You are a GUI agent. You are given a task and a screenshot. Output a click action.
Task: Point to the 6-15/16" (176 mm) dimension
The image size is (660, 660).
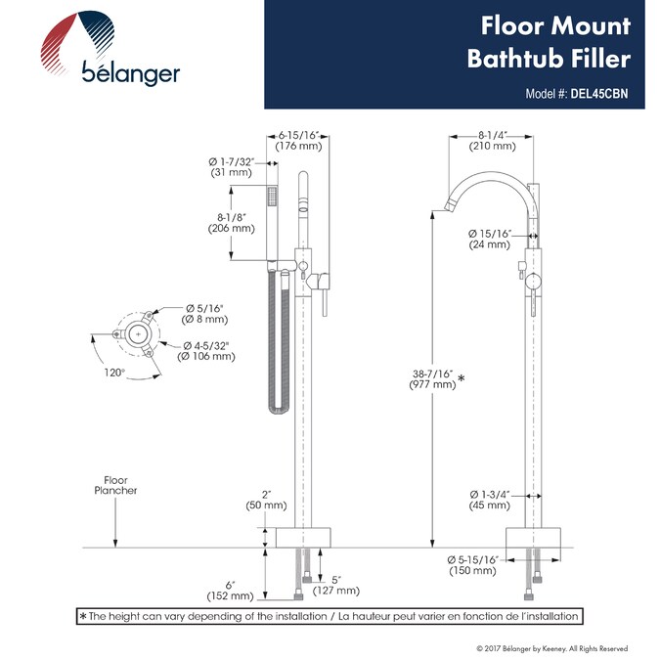(x=299, y=140)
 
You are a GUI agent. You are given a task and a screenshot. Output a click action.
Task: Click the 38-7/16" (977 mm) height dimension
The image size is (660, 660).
(x=432, y=379)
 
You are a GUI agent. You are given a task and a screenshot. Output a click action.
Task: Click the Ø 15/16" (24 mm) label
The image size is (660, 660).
(x=490, y=239)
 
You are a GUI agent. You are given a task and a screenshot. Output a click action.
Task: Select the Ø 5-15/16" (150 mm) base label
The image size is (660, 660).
(x=473, y=564)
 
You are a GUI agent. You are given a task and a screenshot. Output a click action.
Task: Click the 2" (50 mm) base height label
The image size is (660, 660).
(x=266, y=500)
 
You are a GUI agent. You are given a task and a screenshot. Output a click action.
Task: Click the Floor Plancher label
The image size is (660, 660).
(x=116, y=485)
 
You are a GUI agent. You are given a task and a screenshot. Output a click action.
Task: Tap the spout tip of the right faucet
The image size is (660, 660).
(x=442, y=205)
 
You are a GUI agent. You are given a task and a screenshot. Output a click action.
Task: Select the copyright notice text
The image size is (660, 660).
(x=551, y=648)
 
